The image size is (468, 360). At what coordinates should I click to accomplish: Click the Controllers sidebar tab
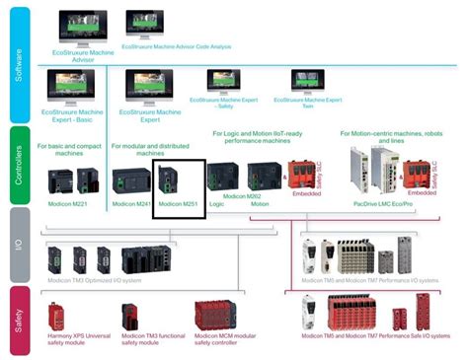pos(18,164)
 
